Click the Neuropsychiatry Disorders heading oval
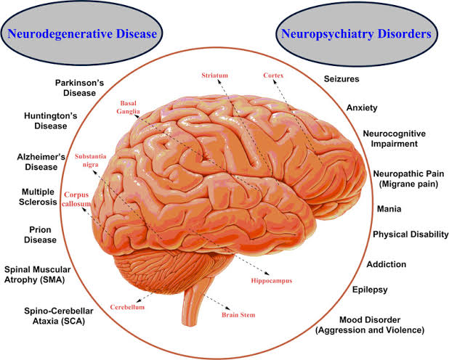(x=355, y=34)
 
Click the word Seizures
(x=341, y=79)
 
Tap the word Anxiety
(x=362, y=108)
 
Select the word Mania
(x=386, y=209)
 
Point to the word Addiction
(x=386, y=264)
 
